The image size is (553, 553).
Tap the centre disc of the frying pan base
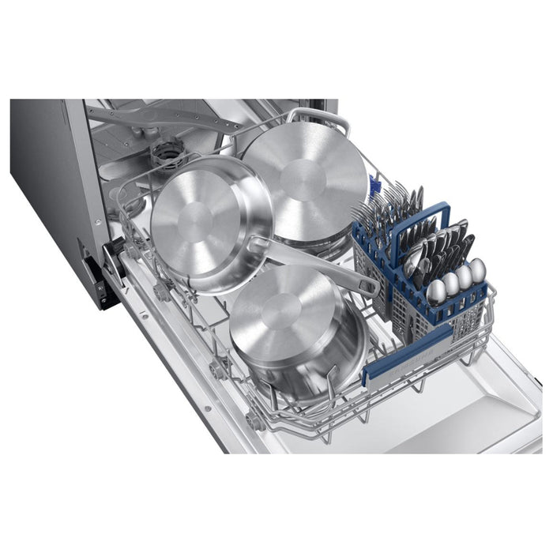(210, 213)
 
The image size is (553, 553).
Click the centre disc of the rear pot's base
(302, 177)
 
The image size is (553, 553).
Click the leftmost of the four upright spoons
(434, 291)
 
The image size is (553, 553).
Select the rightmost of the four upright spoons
(478, 269)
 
